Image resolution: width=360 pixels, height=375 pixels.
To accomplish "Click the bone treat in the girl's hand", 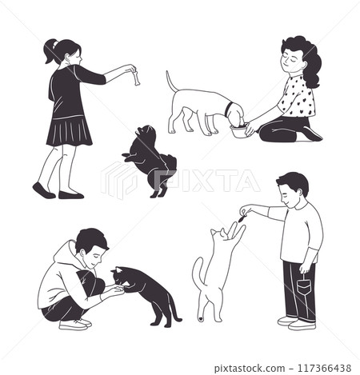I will pos(136,77).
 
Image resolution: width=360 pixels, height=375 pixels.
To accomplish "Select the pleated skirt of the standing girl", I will pos(70,130).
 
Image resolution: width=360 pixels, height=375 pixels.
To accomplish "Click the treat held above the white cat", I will pos(240,215).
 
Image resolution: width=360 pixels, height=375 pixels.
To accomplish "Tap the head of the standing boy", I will pos(293,188).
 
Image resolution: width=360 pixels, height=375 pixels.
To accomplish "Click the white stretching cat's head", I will pos(218,235).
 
